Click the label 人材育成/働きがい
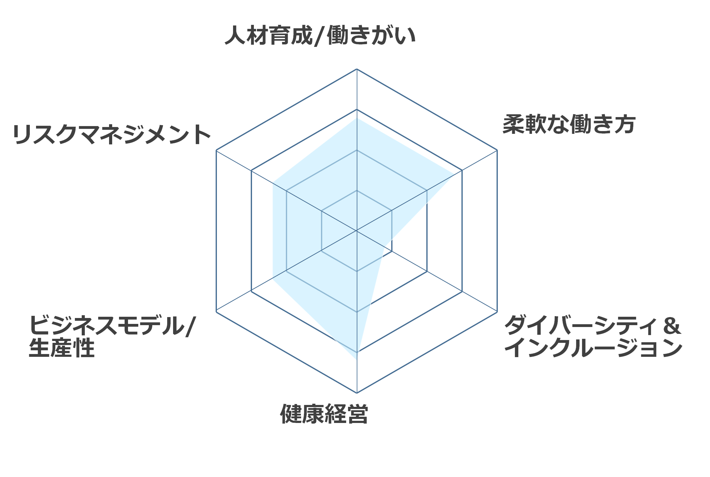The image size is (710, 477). click(320, 35)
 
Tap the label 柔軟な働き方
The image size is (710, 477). click(569, 124)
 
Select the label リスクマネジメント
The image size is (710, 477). click(112, 134)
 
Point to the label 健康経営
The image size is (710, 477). click(324, 414)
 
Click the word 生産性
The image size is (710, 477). click(62, 348)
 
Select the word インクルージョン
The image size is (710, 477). click(593, 348)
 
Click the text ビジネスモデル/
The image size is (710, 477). click(112, 325)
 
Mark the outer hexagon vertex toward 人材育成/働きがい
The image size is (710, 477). click(357, 69)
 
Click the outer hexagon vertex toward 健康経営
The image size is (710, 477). click(357, 393)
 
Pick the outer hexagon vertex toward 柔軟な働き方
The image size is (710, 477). click(497, 150)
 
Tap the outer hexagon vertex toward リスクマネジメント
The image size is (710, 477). click(216, 150)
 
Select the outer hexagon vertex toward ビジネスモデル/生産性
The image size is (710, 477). click(216, 312)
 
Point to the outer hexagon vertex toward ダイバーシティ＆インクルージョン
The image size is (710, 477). click(497, 312)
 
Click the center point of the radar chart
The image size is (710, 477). click(357, 231)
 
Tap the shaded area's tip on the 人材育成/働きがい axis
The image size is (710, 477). click(357, 118)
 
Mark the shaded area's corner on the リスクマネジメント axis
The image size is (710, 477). click(273, 183)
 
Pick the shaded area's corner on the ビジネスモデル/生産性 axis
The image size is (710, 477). click(273, 279)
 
